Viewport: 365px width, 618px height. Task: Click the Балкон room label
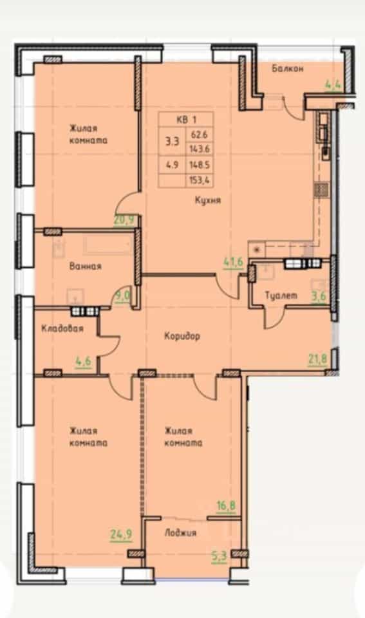point(287,69)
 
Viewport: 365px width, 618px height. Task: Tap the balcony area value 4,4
point(333,84)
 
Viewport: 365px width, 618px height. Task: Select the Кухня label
point(208,201)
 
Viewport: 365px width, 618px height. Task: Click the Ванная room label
point(85,266)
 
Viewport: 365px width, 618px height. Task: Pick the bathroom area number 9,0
point(122,295)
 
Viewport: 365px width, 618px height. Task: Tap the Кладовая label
point(62,328)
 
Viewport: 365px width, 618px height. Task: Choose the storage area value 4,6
point(83,361)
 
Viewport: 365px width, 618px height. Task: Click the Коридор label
point(182,336)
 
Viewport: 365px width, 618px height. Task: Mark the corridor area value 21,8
point(317,359)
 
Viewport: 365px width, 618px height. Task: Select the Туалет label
point(281,295)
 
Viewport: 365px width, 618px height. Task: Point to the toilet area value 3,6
point(319,296)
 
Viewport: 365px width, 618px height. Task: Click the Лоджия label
point(180,533)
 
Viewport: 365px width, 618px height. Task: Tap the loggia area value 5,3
point(219,556)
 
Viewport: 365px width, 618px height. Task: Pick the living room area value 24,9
point(121,535)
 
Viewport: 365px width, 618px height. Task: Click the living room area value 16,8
point(226,505)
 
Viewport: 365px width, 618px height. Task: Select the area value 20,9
point(124,220)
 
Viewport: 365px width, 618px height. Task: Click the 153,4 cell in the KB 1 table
point(200,180)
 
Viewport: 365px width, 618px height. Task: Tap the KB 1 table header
point(186,120)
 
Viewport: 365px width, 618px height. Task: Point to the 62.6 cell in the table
point(199,135)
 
